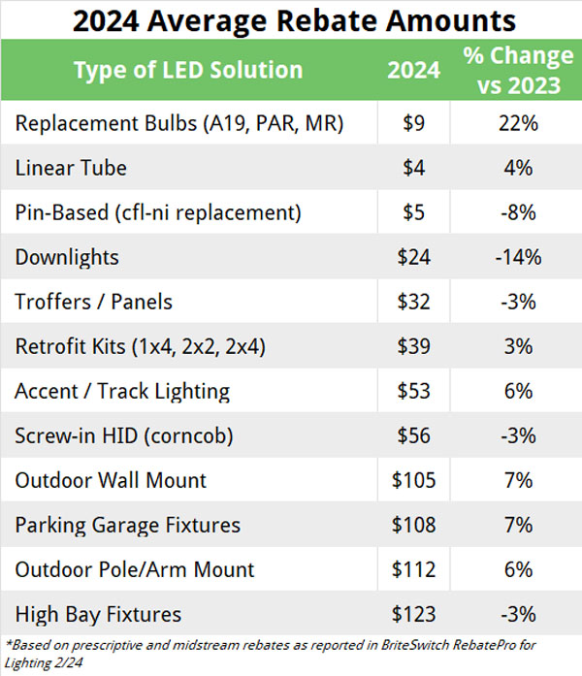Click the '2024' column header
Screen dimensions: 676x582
[414, 70]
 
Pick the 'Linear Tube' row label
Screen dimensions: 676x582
[71, 168]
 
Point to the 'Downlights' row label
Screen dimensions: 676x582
[67, 257]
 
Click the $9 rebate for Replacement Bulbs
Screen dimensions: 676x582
[414, 123]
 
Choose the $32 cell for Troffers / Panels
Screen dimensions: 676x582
[414, 302]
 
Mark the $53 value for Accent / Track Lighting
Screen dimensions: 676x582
[414, 391]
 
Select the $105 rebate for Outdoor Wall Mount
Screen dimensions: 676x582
[414, 480]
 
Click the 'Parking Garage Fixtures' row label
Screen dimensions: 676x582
[127, 525]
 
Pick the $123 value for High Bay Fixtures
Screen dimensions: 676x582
[414, 614]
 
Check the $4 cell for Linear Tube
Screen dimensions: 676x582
[414, 168]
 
